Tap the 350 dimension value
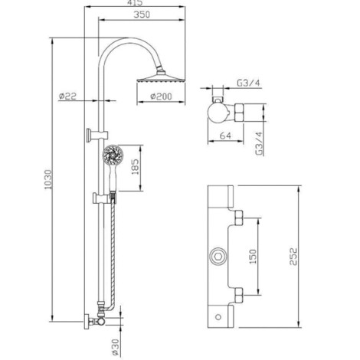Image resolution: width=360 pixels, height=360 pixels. click(x=142, y=15)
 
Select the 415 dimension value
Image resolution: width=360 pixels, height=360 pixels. click(x=134, y=2)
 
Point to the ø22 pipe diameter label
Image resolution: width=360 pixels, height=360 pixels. click(x=67, y=97)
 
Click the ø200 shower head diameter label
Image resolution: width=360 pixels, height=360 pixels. click(x=161, y=97)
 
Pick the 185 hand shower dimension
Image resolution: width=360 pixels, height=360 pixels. click(x=135, y=167)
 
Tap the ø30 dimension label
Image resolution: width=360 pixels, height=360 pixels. click(x=116, y=347)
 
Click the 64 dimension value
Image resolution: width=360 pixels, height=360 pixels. click(x=225, y=136)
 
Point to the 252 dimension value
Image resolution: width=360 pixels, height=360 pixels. click(x=293, y=257)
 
